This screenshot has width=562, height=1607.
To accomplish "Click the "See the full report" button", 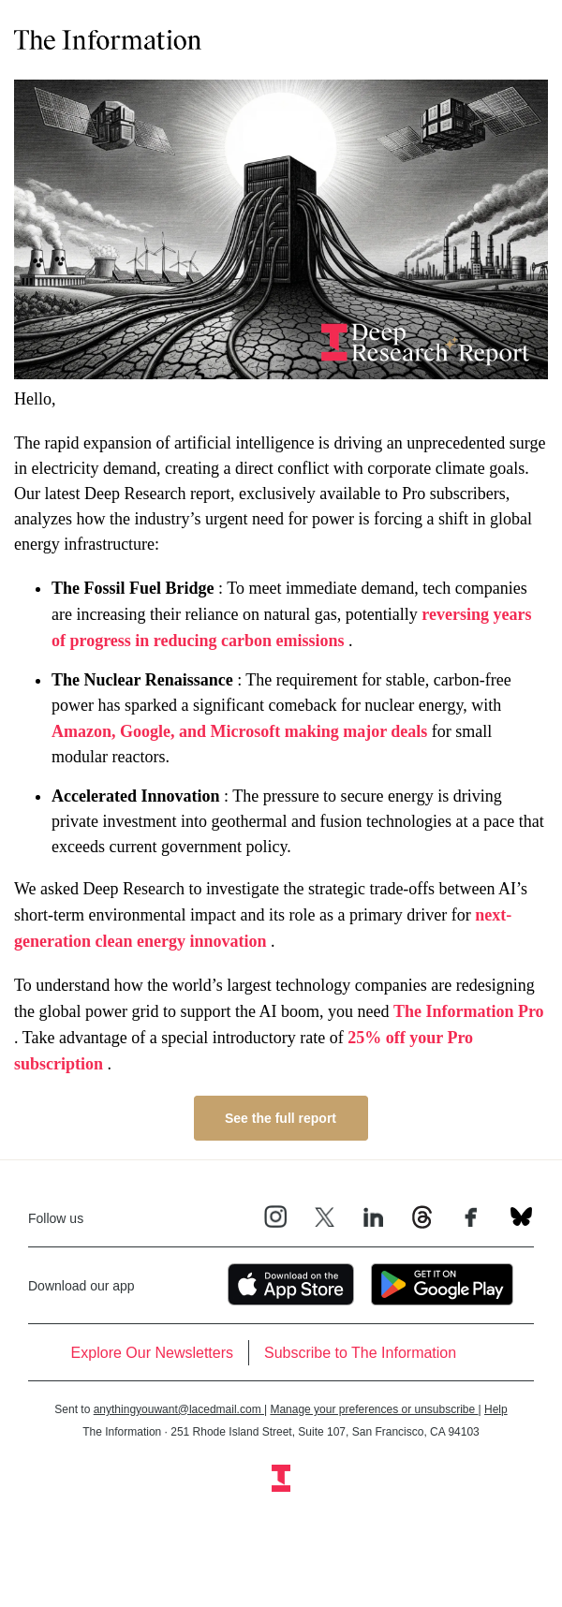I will [280, 1118].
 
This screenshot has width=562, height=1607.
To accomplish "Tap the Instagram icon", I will [275, 1216].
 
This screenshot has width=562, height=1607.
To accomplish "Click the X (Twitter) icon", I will [324, 1217].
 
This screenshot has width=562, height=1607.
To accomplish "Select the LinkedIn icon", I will [373, 1217].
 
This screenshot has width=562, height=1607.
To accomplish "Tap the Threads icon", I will [421, 1217].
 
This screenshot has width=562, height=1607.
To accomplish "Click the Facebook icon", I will [470, 1217].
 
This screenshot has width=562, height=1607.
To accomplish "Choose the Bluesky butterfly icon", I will [521, 1216].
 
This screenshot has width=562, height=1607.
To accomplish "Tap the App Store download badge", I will [290, 1285].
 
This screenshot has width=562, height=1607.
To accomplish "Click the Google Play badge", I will [441, 1285].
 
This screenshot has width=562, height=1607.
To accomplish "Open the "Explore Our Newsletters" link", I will [152, 1352].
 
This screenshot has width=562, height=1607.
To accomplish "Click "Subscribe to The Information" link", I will [360, 1352].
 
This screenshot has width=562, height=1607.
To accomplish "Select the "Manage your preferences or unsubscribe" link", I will [373, 1409].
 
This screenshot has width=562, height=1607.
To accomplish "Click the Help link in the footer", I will [495, 1409].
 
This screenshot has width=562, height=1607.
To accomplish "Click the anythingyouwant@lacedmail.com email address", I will [177, 1409].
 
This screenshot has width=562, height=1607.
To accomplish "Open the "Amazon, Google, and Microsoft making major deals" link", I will [239, 731].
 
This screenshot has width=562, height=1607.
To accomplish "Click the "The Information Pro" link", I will [468, 1011].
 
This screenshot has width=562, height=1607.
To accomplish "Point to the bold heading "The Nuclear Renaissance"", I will [142, 680].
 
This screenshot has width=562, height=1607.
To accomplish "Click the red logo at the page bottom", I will [281, 1478].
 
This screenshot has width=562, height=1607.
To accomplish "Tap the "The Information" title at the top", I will [108, 40].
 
